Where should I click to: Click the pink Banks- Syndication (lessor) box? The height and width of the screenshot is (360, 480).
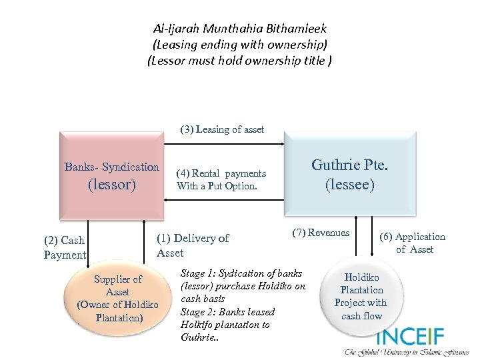tap(111, 175)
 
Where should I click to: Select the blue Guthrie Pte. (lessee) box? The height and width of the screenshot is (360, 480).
tap(350, 175)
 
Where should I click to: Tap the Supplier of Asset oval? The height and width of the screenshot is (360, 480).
tap(117, 298)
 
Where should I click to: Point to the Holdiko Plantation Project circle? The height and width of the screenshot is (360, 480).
tap(361, 296)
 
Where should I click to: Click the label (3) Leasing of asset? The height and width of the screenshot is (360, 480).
tap(222, 129)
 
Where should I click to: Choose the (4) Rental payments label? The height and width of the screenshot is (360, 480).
tap(221, 173)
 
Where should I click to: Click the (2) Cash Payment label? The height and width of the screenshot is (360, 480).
tap(65, 247)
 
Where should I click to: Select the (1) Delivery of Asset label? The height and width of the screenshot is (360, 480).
tap(192, 245)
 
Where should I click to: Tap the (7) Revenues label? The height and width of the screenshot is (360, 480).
tap(320, 233)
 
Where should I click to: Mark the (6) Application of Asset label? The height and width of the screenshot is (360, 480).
tap(413, 243)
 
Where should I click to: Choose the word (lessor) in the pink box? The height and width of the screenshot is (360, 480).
tap(111, 184)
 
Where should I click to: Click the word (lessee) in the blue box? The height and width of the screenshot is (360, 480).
tap(350, 184)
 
